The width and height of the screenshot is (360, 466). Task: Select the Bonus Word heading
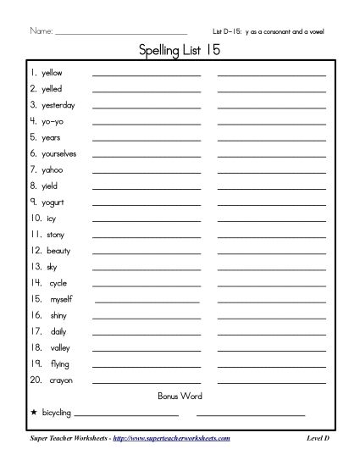180,397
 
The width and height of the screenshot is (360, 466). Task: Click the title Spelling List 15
180,52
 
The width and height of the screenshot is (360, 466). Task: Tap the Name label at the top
41,31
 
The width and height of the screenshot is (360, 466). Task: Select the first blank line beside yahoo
147,172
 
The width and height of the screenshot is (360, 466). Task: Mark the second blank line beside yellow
272,75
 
